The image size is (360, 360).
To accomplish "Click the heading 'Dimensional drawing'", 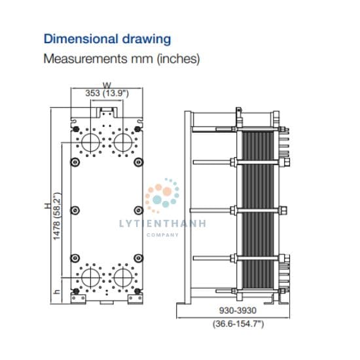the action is (x=107, y=39).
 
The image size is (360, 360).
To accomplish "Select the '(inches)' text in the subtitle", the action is (x=179, y=59).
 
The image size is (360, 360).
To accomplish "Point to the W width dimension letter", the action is (x=107, y=85).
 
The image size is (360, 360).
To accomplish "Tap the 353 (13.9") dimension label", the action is (x=107, y=93).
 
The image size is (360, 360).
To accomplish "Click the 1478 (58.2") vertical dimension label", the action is (x=57, y=216).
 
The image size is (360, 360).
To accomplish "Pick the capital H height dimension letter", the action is (x=47, y=206).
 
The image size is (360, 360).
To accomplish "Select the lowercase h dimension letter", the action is (x=56, y=291).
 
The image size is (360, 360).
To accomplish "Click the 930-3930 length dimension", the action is (x=238, y=311).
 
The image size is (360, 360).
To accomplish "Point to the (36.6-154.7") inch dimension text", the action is (x=238, y=324).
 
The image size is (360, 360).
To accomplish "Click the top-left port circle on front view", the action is (x=91, y=143).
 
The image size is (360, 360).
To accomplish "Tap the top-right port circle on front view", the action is (x=124, y=143).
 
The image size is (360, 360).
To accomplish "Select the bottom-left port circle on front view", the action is (x=91, y=278).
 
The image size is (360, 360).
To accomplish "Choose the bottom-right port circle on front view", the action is (x=124, y=278).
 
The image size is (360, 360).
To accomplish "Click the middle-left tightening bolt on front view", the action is (x=75, y=210).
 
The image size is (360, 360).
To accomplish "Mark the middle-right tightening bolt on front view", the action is (x=139, y=210).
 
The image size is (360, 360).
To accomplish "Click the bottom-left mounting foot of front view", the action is (x=78, y=299).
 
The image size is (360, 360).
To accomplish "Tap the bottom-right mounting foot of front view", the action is (x=135, y=299).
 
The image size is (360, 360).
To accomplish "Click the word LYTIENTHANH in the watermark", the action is (x=162, y=224).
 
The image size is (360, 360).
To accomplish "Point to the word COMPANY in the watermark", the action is (x=162, y=235).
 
